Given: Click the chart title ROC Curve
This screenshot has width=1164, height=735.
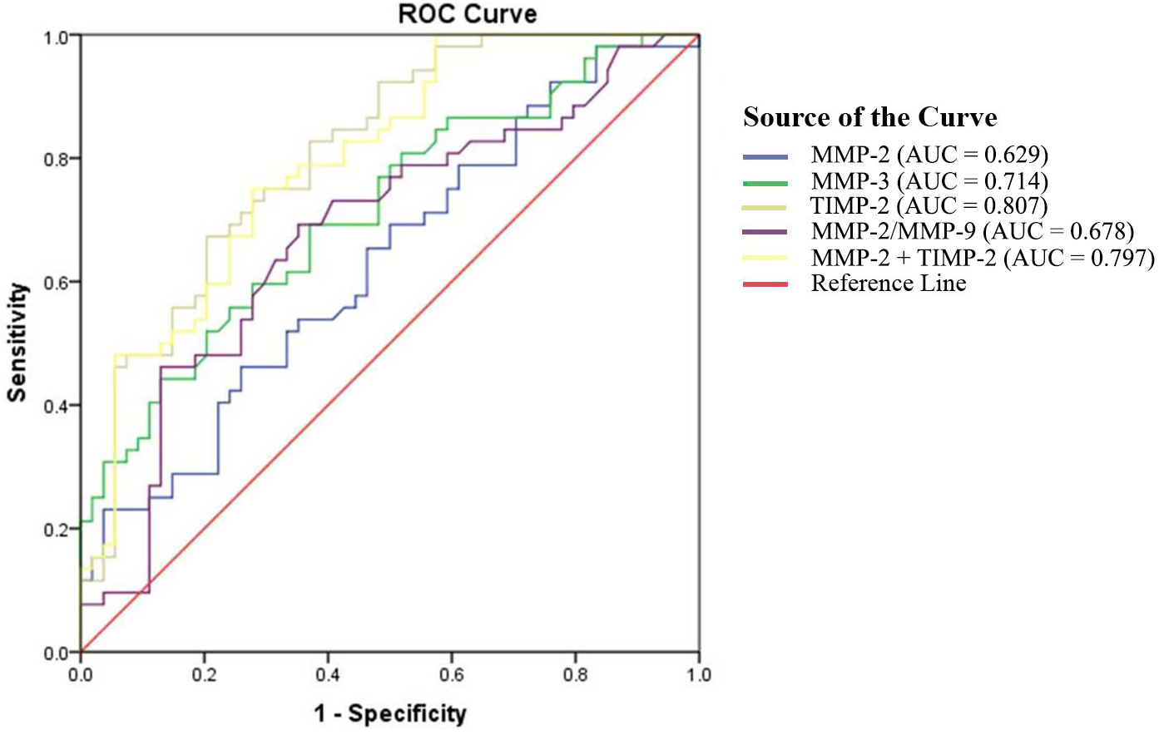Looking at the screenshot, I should click(468, 14).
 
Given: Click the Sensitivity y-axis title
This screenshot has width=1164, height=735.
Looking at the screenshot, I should click(17, 343).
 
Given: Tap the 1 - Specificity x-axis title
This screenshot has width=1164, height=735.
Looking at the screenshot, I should click(390, 713).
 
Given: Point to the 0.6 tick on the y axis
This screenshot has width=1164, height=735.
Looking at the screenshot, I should click(57, 282).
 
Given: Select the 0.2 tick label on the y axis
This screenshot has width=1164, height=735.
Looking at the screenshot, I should click(57, 530).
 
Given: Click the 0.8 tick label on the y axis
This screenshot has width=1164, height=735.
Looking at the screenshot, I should click(57, 159).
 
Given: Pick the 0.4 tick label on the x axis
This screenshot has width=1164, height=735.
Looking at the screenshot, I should click(328, 674).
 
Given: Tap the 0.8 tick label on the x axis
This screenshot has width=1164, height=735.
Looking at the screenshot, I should click(575, 674).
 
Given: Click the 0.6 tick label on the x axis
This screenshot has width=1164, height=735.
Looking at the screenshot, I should click(452, 674).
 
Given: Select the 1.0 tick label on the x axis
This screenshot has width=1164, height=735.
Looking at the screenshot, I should click(699, 674).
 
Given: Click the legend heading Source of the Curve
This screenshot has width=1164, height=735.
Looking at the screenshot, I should click(869, 117).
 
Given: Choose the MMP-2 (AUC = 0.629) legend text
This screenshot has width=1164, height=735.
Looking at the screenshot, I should click(929, 155).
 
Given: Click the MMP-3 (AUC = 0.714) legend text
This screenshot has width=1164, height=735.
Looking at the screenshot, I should click(929, 181).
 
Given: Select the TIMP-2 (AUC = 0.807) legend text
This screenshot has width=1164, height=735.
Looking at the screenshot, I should click(929, 206).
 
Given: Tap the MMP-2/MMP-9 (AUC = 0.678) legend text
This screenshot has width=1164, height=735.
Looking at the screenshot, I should click(973, 231).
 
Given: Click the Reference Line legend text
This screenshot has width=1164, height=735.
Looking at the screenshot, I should click(889, 284).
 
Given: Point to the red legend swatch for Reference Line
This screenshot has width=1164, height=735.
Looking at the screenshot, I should click(765, 284).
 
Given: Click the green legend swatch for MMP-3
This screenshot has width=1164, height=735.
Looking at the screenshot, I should click(765, 182).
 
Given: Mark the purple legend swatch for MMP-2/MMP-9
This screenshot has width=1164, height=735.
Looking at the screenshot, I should click(765, 232).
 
